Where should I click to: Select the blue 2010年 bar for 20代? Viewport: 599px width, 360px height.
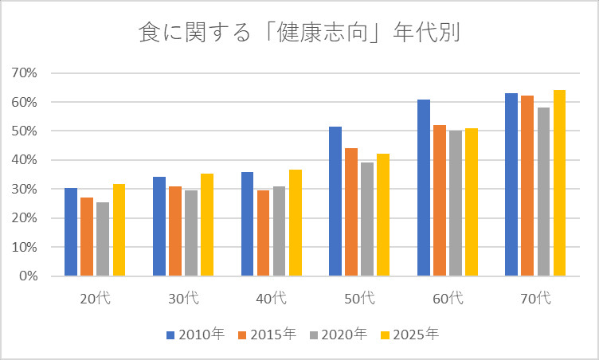point(71,232)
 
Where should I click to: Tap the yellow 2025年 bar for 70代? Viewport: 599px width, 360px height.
point(559,183)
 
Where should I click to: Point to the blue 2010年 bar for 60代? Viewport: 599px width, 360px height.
point(424,188)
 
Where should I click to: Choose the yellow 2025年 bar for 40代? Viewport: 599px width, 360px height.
point(296,223)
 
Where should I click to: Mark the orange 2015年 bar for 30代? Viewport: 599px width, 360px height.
point(175,231)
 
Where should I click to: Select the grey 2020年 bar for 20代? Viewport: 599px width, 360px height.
point(103,239)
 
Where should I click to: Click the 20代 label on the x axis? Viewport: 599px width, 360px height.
point(94,299)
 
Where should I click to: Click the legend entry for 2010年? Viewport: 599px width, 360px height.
point(196,335)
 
